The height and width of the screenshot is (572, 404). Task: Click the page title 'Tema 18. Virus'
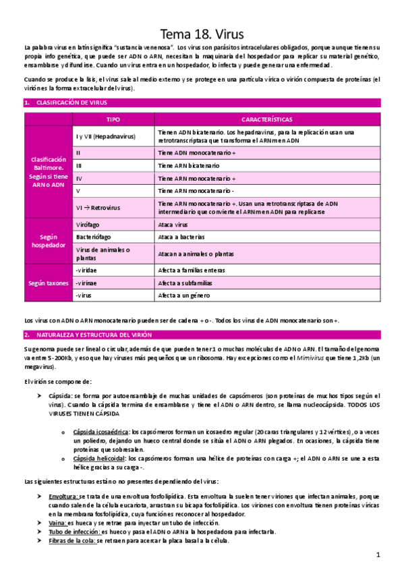tap(202, 34)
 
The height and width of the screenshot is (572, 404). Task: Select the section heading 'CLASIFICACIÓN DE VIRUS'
tap(65, 103)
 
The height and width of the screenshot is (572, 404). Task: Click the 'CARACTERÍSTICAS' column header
tap(266, 119)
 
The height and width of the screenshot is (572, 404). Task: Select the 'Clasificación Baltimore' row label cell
tap(49, 171)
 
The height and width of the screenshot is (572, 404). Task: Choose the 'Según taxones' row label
tap(49, 283)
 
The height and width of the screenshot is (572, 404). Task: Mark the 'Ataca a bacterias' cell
tap(181, 237)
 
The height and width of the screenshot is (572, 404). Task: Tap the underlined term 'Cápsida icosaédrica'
tap(100, 432)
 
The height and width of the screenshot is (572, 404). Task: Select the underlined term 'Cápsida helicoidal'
tap(99, 458)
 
